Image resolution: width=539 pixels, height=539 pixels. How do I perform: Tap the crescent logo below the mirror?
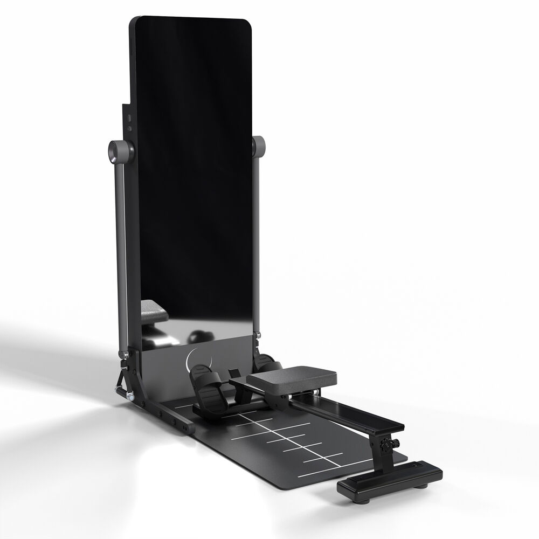click(193, 358)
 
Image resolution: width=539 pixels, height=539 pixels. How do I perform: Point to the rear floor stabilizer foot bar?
click(390, 480)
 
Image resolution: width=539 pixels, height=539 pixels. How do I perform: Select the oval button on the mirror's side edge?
click(129, 118)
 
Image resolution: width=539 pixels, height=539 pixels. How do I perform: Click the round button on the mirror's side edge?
click(129, 128)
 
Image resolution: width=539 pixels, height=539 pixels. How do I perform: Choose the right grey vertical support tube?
click(257, 243)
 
